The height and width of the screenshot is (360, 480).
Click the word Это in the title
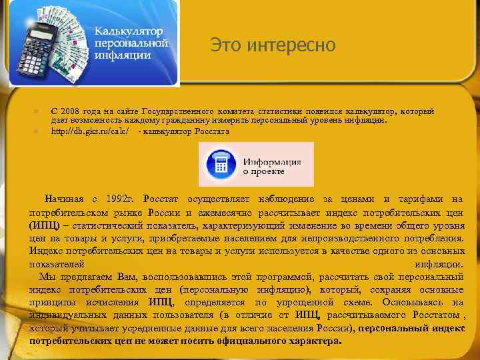(225, 45)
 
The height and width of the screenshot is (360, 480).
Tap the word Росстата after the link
(213, 131)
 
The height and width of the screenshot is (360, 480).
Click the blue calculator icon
(219, 164)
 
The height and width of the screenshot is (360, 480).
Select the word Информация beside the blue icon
(272, 162)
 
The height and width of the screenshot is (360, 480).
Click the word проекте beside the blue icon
(268, 172)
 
